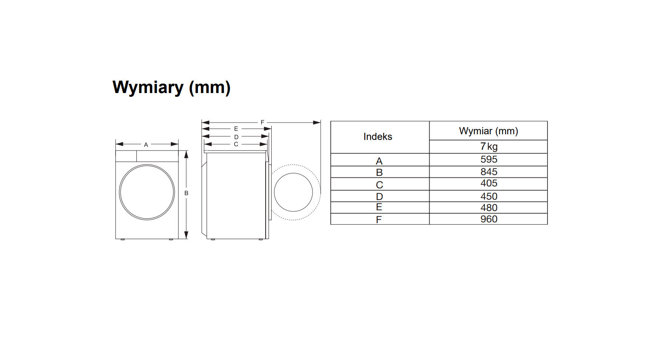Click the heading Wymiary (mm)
(x=172, y=88)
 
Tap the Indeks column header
(x=378, y=137)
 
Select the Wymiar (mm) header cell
(x=489, y=131)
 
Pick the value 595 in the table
(x=489, y=159)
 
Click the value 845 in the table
(x=489, y=172)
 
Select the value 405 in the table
(x=489, y=183)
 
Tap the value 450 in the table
(x=489, y=196)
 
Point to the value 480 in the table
(x=489, y=208)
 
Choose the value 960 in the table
(x=489, y=219)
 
